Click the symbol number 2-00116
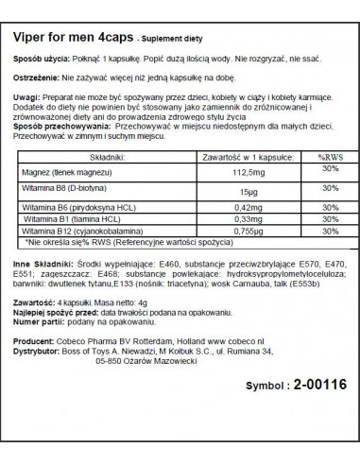click(296, 414)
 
